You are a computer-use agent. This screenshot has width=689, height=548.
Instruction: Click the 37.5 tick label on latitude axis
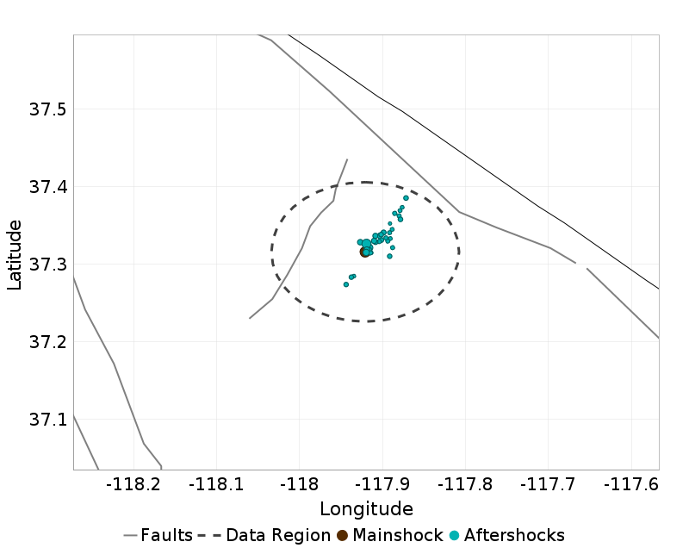tap(48, 109)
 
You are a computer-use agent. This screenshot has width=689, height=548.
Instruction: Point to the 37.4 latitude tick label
tap(48, 187)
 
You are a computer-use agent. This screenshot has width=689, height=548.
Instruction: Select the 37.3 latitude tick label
tap(48, 265)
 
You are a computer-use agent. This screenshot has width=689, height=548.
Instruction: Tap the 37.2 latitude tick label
tap(48, 342)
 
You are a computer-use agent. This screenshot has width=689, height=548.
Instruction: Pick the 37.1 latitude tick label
tap(48, 420)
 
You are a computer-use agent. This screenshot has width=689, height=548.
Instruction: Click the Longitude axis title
tap(366, 508)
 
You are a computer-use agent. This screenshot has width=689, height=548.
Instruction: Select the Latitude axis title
tap(15, 254)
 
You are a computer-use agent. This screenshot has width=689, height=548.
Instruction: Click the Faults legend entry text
tap(167, 535)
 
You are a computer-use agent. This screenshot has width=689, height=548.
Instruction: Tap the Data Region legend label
tap(278, 535)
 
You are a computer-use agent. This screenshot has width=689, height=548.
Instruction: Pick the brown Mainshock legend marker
tap(342, 535)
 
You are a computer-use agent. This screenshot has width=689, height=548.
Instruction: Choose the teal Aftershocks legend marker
tap(454, 535)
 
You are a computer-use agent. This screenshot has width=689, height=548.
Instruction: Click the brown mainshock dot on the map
tap(364, 252)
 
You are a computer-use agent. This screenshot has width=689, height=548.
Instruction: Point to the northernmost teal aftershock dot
tap(406, 198)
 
